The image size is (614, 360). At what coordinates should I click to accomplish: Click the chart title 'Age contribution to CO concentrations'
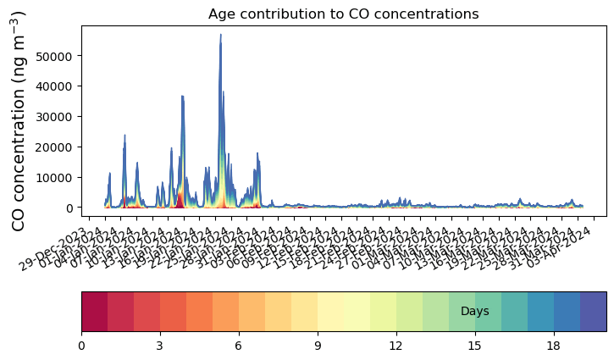(x=343, y=14)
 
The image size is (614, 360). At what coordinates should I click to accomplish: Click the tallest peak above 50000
(x=221, y=36)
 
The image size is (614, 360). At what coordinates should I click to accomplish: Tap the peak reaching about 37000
(x=182, y=97)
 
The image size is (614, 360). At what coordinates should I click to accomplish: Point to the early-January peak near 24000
(x=124, y=136)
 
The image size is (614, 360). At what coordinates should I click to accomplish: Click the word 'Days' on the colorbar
(x=474, y=312)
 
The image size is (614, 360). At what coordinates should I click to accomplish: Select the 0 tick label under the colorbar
(x=81, y=345)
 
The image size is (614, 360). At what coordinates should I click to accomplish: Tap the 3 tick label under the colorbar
(x=160, y=345)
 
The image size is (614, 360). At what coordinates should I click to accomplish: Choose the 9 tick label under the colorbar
(x=318, y=345)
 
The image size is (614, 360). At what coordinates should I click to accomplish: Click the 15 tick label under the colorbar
(x=475, y=345)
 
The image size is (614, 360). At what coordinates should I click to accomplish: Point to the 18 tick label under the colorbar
(x=554, y=345)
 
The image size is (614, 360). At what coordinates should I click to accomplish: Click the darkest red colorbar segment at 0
(x=94, y=312)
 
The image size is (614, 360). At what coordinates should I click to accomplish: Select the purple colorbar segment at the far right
(x=593, y=312)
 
